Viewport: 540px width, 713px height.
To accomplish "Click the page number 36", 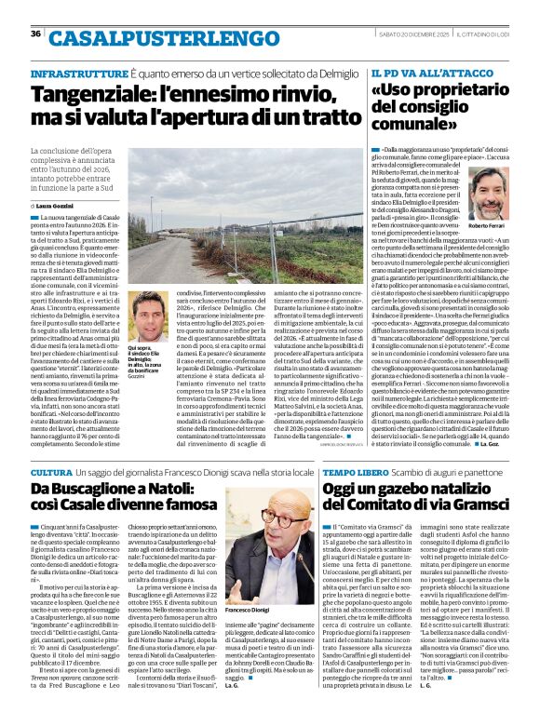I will click(35, 34).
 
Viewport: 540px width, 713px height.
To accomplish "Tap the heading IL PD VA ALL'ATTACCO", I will click(419, 73).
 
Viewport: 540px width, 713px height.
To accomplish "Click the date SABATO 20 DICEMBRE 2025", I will click(429, 34).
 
